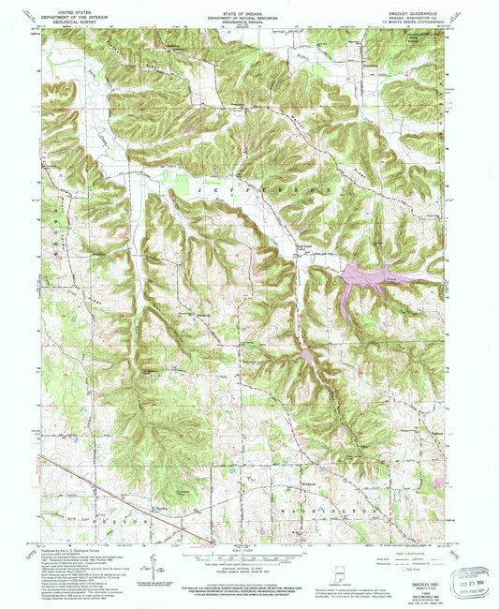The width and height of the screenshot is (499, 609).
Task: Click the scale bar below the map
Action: pyautogui.click(x=248, y=557)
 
